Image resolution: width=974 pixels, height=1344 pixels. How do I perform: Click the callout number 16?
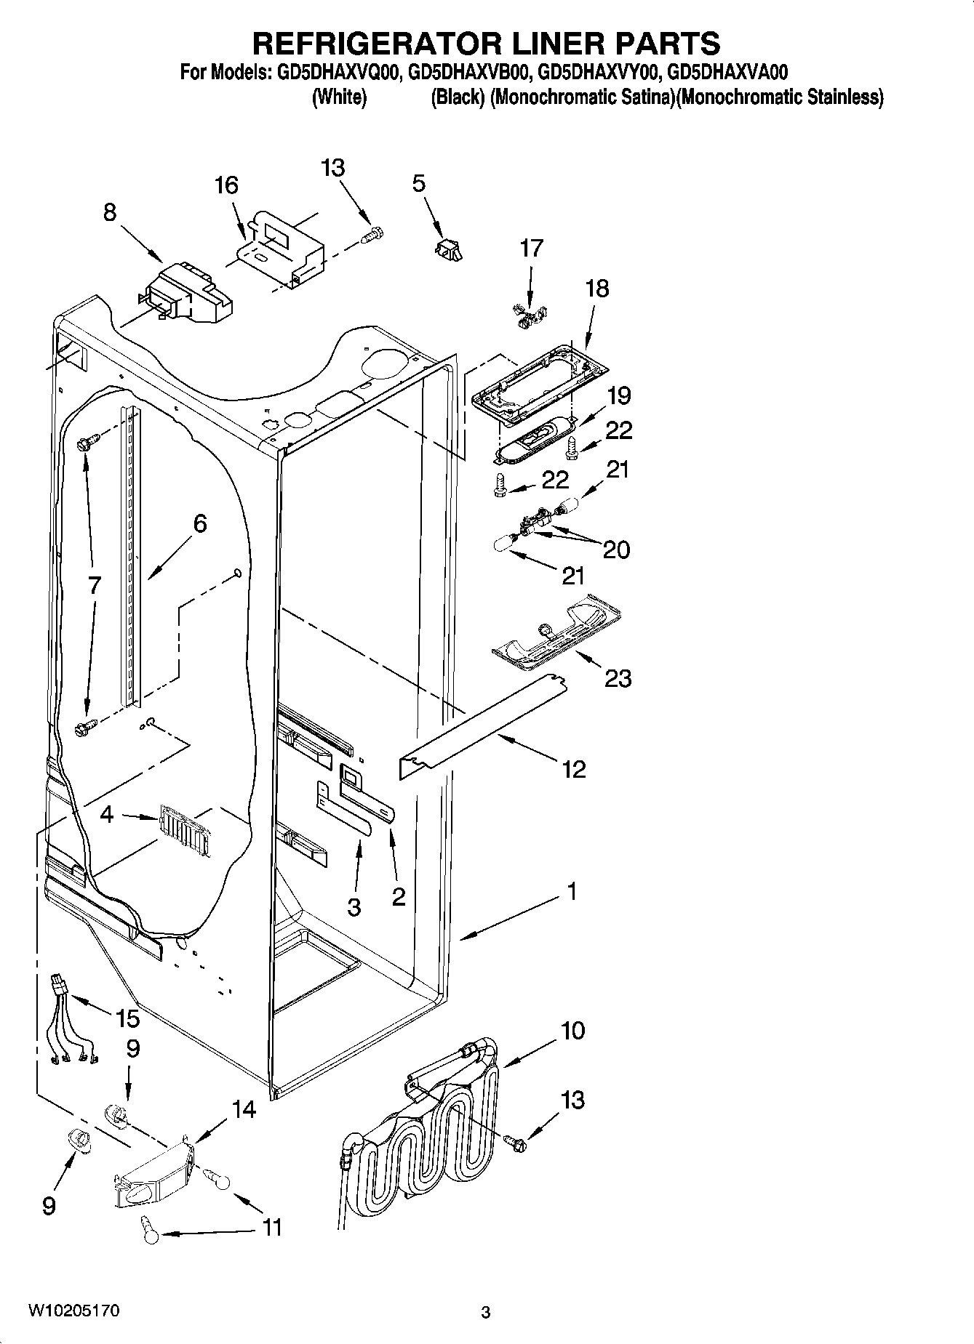point(226,186)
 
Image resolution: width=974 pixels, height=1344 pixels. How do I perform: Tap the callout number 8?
point(109,213)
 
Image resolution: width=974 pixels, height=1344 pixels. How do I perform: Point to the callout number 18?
point(596,289)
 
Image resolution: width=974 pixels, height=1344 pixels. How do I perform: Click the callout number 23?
point(618,679)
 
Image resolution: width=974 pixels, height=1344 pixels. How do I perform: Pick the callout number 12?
point(573,769)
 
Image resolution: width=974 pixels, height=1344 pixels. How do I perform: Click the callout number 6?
point(199,523)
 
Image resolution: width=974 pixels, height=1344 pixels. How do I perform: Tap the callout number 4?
point(107,815)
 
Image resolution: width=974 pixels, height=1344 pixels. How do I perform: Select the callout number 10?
point(572,1031)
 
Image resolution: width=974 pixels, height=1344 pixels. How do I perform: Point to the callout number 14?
point(244,1110)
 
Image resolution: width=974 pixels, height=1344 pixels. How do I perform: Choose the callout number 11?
point(271,1228)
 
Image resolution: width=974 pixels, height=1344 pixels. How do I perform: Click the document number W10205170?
point(73,1311)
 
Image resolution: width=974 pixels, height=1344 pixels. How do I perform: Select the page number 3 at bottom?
point(485,1313)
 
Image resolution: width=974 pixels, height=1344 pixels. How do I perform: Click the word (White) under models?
point(338,97)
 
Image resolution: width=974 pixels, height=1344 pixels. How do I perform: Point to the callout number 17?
point(531,248)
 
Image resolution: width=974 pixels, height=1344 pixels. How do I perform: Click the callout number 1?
point(572,891)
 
